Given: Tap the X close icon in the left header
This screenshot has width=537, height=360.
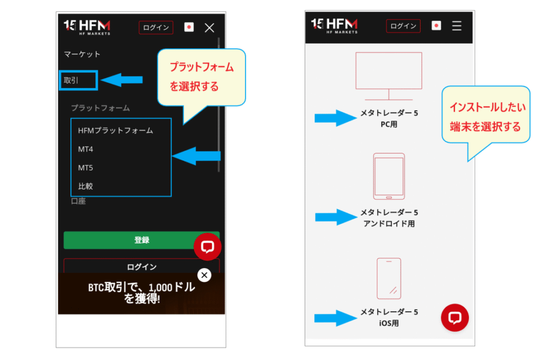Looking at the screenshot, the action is point(209,28).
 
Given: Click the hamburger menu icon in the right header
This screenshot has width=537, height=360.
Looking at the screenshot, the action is point(457,26).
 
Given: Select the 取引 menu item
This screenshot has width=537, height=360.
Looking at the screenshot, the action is point(71,80).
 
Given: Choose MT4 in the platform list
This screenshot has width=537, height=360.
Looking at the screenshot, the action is point(85,149).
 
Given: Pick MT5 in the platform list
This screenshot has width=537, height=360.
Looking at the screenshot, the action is point(85,167).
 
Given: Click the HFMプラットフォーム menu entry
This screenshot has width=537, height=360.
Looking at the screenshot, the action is point(115,131).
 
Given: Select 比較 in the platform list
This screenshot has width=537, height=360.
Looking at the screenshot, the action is point(85,186).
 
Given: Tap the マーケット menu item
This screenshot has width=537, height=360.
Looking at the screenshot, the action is point(82,54).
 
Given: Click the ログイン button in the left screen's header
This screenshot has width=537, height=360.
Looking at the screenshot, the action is point(156,28).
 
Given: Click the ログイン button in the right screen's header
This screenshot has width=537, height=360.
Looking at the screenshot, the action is point(403,26).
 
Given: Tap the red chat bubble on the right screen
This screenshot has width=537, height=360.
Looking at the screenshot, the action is point(455,317).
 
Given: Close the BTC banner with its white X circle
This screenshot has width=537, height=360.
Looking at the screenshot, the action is point(205,275).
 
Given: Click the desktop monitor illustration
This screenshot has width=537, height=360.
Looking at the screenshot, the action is point(389,76).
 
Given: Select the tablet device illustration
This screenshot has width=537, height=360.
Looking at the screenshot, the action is point(389,176).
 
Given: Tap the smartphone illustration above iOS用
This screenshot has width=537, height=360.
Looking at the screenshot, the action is point(389,279).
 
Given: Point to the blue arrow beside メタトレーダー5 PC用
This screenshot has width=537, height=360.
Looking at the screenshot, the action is point(336,118).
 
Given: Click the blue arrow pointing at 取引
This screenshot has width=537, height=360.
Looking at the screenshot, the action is point(122,80).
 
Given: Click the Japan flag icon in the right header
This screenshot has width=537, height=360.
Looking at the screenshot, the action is point(436,26).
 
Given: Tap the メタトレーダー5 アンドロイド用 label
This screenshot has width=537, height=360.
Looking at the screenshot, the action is point(389,218).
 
